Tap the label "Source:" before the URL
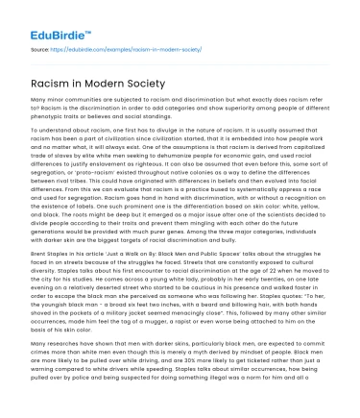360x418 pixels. (x=40, y=46)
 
